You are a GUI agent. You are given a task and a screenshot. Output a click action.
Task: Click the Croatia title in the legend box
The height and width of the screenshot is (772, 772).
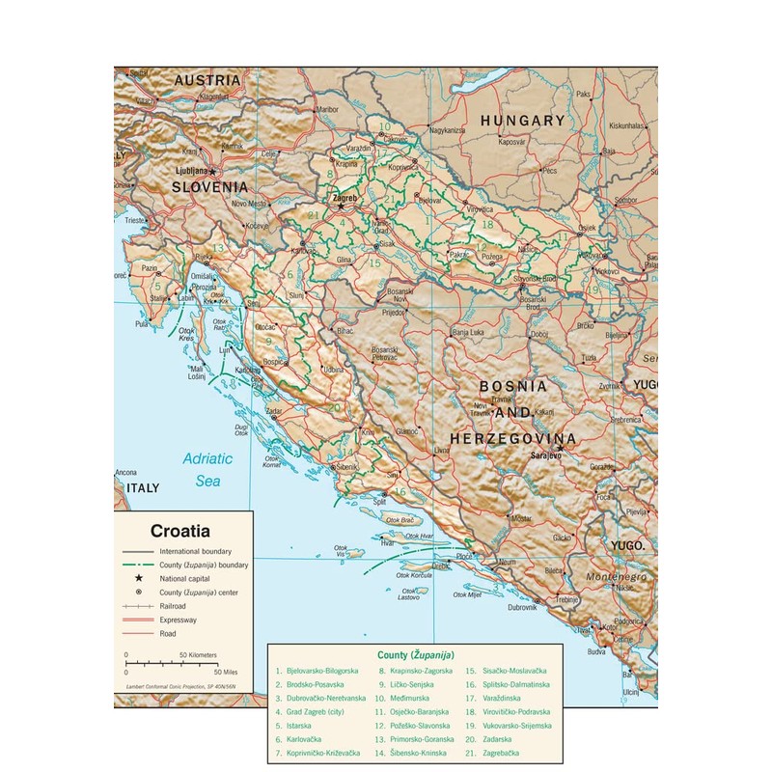(179, 530)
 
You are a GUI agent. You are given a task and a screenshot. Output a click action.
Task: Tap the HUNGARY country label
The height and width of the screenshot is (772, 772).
(522, 121)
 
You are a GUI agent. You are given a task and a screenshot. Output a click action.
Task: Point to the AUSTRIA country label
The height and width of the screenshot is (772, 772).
(207, 80)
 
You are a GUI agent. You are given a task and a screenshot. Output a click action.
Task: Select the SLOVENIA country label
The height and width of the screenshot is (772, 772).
(210, 186)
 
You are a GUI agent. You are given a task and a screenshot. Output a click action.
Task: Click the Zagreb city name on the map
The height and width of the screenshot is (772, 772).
(345, 197)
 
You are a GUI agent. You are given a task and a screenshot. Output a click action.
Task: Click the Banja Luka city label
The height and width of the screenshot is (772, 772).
(469, 332)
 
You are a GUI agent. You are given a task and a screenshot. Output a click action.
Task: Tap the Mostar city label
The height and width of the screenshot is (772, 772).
(521, 518)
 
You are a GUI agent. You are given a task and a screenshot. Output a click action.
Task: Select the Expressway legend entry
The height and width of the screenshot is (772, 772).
(181, 620)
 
